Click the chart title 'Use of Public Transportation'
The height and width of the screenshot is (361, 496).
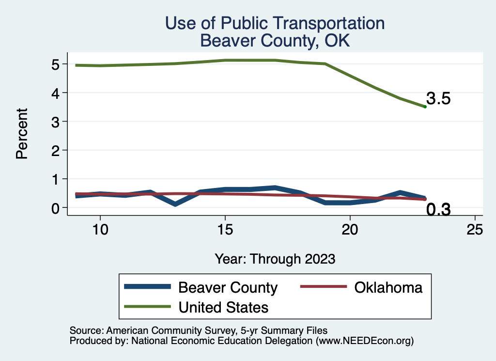(275, 23)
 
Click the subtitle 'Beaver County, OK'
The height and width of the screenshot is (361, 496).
(275, 41)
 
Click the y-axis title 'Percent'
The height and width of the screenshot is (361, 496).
(21, 133)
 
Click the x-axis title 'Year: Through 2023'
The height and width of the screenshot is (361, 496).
(275, 259)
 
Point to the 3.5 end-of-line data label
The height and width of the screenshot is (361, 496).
(438, 99)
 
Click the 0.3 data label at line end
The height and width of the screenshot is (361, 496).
(438, 209)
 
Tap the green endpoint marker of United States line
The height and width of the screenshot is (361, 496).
(425, 107)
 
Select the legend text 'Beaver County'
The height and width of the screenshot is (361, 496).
(228, 287)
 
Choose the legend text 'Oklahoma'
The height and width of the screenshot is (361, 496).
(388, 287)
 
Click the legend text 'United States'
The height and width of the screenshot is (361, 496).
(223, 307)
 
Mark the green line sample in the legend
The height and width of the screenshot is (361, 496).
(148, 307)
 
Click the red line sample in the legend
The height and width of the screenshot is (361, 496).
(324, 287)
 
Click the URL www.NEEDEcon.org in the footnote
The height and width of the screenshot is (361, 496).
(364, 341)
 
